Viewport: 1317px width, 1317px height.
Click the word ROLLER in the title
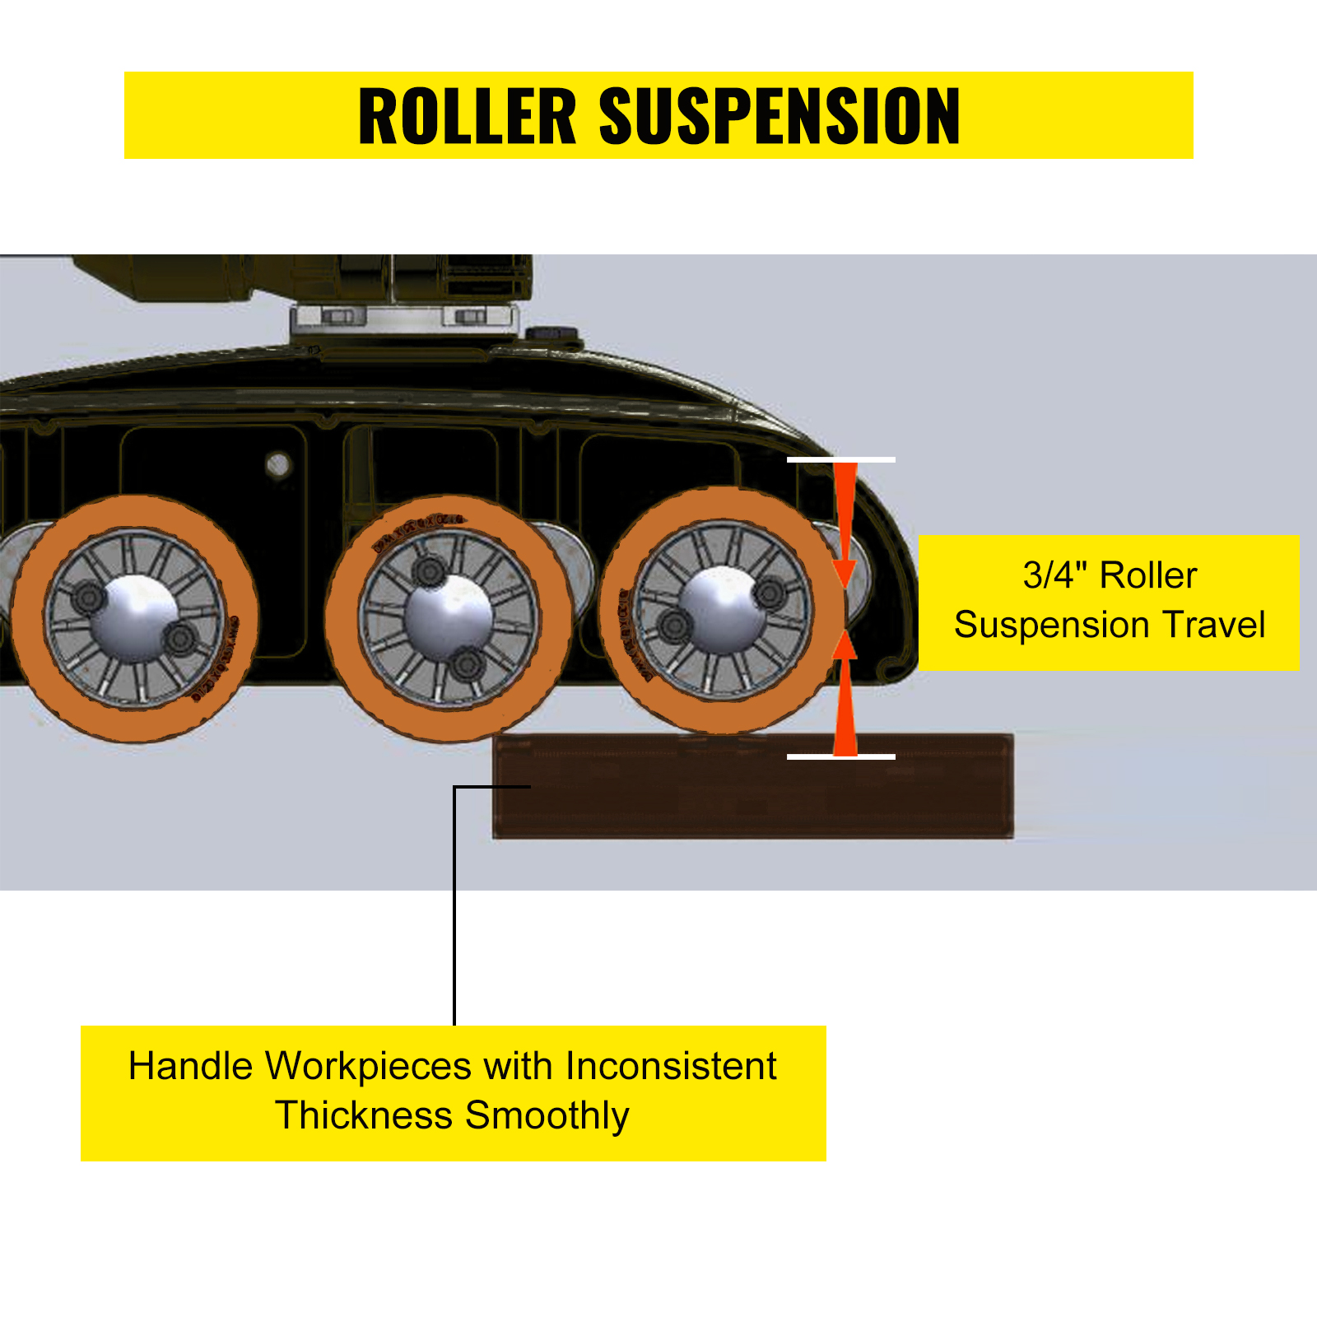[x=468, y=116]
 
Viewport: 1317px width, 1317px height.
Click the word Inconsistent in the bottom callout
[x=671, y=1066]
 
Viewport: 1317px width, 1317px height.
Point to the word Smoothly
[x=547, y=1115]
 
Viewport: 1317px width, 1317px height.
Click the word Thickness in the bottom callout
[x=364, y=1115]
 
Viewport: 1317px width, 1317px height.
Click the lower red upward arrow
[x=845, y=700]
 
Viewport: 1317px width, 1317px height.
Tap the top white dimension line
[x=840, y=459]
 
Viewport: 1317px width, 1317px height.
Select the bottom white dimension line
[x=840, y=756]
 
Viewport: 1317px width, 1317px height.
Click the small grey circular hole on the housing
[x=278, y=465]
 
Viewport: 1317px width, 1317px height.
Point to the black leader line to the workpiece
[x=454, y=905]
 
